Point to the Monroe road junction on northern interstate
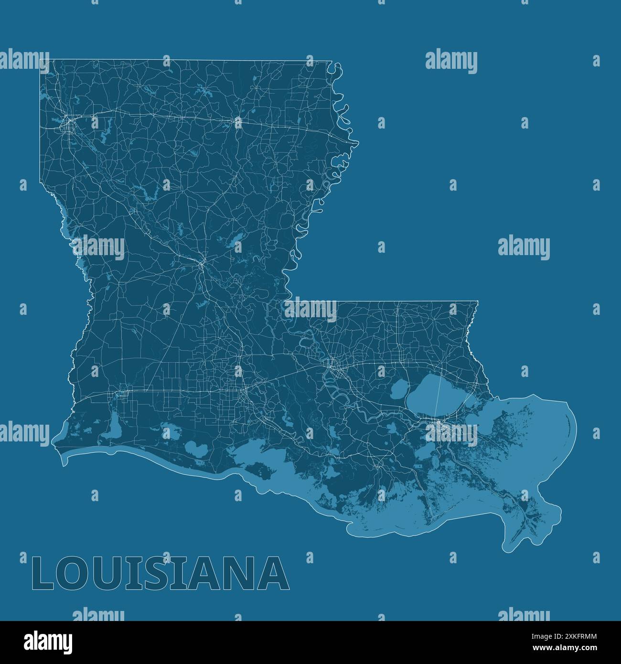[238, 122]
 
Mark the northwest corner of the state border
[40, 60]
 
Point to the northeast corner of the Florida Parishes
[478, 301]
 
